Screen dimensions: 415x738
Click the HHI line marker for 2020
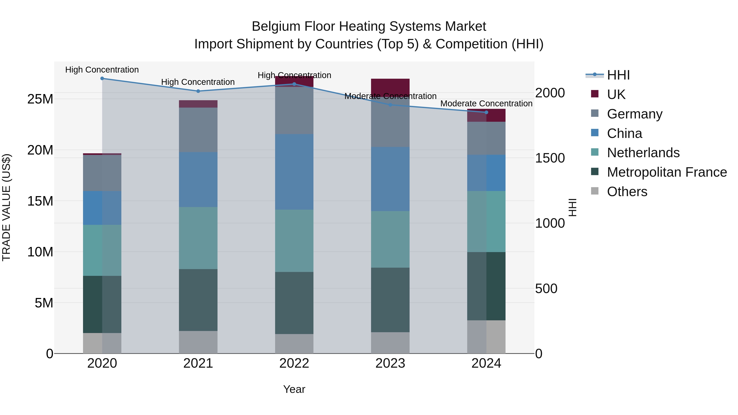click(x=102, y=78)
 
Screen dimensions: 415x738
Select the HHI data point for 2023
click(x=390, y=105)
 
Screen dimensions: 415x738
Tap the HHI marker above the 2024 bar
click(x=486, y=112)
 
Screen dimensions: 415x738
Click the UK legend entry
click(x=616, y=94)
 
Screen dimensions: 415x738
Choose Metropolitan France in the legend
click(x=667, y=172)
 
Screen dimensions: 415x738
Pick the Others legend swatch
click(x=595, y=191)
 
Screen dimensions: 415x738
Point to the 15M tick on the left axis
click(x=40, y=201)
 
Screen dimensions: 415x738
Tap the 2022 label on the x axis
click(x=294, y=363)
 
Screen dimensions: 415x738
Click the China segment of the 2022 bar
click(x=294, y=172)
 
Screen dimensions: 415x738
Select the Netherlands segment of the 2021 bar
click(x=198, y=238)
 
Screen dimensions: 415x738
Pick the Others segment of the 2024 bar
click(x=486, y=337)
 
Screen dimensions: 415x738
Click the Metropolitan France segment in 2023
click(x=390, y=300)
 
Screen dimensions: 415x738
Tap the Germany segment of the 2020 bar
click(x=102, y=173)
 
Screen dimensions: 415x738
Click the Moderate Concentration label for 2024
click(x=486, y=103)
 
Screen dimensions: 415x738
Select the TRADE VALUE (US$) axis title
click(x=6, y=207)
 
